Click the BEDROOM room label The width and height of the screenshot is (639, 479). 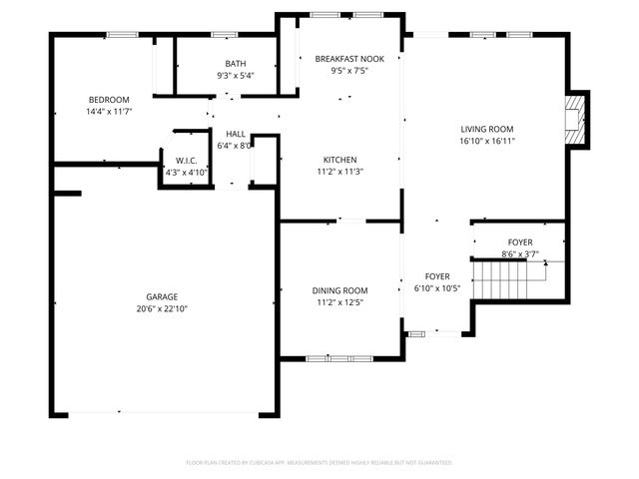[109, 100]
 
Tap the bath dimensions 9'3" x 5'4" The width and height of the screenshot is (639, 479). [236, 75]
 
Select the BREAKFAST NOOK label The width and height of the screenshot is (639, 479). [342, 59]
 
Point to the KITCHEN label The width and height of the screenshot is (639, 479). [339, 160]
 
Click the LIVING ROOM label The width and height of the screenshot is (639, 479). [486, 129]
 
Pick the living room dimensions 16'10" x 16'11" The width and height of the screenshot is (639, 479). [486, 141]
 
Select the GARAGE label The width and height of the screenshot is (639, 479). [162, 297]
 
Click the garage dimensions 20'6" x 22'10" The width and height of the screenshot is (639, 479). [162, 309]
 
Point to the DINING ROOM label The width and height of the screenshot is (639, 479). [339, 290]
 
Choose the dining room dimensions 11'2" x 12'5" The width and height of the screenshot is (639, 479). [339, 302]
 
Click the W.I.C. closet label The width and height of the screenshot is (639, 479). [186, 161]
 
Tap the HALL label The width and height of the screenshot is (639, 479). [236, 134]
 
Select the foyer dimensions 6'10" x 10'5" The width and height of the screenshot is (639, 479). [437, 288]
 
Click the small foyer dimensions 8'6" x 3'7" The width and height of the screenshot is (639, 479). [519, 254]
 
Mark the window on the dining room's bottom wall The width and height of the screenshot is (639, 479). [339, 357]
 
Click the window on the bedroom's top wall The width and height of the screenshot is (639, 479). [122, 36]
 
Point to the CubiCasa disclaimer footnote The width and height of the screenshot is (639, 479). [319, 463]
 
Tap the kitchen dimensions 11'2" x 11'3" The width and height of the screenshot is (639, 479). [339, 172]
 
